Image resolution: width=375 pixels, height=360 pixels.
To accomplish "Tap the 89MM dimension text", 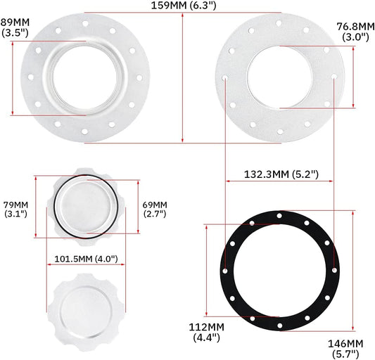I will [x=15, y=22].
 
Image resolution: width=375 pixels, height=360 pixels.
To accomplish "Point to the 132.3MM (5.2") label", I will [x=278, y=173].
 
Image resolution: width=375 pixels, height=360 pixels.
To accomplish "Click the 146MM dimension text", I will [x=345, y=343].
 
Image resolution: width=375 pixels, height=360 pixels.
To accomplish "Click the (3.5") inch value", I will [x=15, y=32].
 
